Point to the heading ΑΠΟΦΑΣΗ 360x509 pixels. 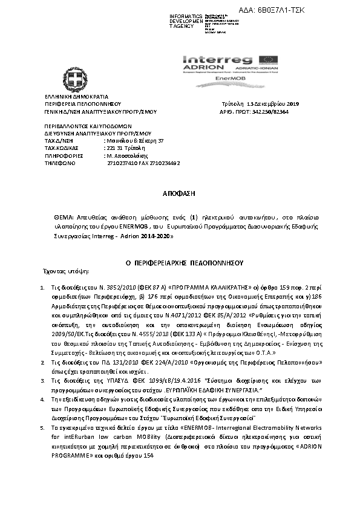[180, 194]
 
